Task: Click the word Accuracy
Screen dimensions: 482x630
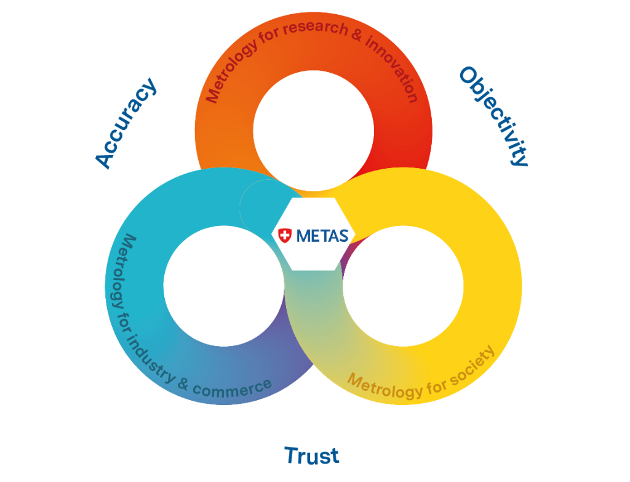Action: [x=126, y=123]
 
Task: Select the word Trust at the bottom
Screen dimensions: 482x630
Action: [x=311, y=456]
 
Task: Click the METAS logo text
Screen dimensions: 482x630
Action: [x=322, y=235]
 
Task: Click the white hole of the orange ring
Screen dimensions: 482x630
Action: [x=313, y=131]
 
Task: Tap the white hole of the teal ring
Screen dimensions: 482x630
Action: [x=224, y=286]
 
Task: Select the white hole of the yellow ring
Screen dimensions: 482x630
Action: [x=403, y=286]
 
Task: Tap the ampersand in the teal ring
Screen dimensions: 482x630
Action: [x=183, y=384]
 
